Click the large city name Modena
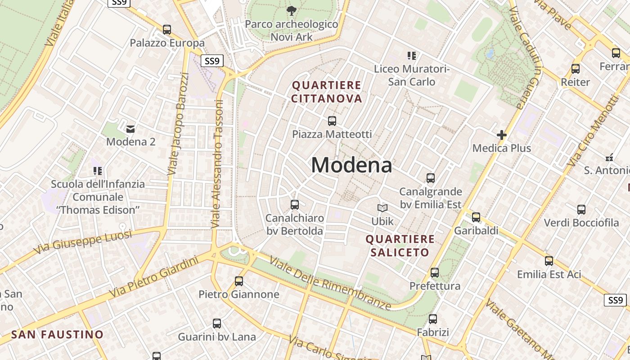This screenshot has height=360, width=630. (x=351, y=165)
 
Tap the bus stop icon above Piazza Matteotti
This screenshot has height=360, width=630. (x=332, y=121)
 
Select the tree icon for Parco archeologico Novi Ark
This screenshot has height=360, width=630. (x=292, y=10)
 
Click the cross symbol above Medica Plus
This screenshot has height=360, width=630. (x=501, y=135)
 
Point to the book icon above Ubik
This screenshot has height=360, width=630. (x=382, y=208)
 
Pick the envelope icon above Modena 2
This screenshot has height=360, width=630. (x=130, y=129)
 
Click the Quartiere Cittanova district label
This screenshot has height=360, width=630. (x=327, y=92)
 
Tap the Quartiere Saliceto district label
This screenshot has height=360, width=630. (x=400, y=246)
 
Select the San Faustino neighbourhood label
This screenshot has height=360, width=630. (x=58, y=335)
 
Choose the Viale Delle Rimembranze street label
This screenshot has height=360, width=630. (x=330, y=284)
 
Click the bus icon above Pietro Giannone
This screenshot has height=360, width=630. (x=239, y=281)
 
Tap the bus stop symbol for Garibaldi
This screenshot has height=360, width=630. (x=476, y=217)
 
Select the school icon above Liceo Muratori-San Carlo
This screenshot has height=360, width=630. (x=412, y=56)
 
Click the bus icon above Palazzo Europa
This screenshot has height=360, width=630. (x=167, y=30)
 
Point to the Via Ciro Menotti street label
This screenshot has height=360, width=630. (x=593, y=130)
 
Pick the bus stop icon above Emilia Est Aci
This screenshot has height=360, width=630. (x=549, y=261)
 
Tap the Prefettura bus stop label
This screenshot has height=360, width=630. (x=435, y=286)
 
